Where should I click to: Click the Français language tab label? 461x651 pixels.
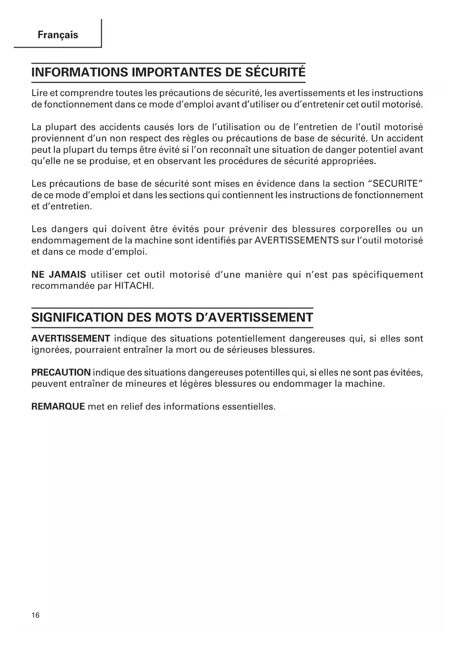[58, 35]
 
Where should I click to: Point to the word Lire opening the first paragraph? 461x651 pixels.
[39, 93]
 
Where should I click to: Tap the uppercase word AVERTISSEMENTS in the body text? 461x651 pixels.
[296, 241]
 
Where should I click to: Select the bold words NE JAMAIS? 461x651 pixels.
[59, 275]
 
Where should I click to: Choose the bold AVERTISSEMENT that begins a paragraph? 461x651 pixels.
[71, 338]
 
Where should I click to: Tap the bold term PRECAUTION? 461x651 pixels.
[61, 372]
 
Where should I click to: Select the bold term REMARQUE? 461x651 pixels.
[58, 406]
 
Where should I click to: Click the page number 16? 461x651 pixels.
[35, 615]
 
